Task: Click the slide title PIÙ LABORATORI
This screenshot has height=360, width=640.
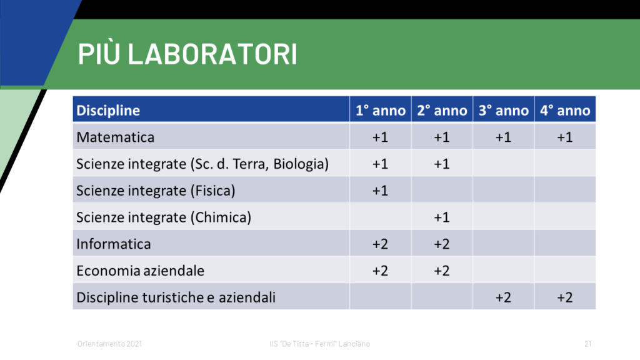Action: [187, 54]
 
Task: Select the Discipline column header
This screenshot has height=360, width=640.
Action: [108, 110]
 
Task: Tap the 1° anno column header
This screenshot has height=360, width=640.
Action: [381, 110]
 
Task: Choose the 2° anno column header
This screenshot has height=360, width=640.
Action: [442, 110]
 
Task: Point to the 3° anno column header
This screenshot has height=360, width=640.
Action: [504, 110]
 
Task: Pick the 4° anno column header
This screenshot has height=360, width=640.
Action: [565, 110]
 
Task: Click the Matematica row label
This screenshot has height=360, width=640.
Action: [116, 137]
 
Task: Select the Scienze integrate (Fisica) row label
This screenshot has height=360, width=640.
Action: [156, 191]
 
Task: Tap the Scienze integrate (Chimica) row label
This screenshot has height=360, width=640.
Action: [164, 217]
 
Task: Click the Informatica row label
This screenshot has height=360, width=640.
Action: [114, 244]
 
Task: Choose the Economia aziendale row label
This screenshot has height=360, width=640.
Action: [141, 271]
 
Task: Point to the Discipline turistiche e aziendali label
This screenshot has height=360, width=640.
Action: [176, 297]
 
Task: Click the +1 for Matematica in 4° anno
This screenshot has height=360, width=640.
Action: [565, 137]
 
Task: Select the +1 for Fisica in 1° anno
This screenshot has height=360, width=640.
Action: [380, 191]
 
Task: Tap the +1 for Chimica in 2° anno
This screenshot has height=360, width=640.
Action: [442, 217]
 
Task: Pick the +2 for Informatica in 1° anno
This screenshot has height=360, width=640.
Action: [380, 244]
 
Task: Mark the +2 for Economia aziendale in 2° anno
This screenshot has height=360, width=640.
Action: [442, 271]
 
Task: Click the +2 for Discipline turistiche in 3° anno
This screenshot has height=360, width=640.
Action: [503, 297]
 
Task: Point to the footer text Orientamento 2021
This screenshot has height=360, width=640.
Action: [110, 344]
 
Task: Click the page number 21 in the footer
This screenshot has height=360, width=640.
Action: [587, 344]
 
